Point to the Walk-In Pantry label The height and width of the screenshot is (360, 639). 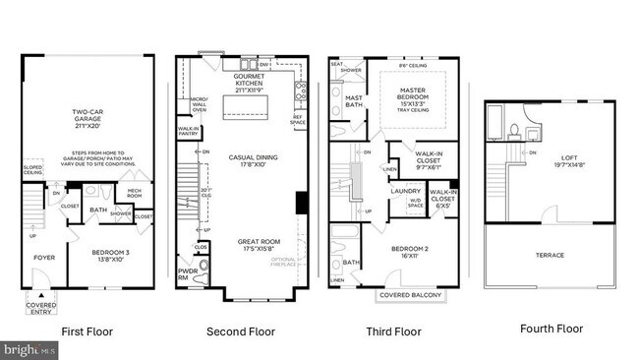[x=189, y=131]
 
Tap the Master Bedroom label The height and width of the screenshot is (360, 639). [x=413, y=97]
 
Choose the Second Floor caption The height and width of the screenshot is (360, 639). [x=241, y=330]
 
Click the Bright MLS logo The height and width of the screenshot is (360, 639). [x=29, y=349]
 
